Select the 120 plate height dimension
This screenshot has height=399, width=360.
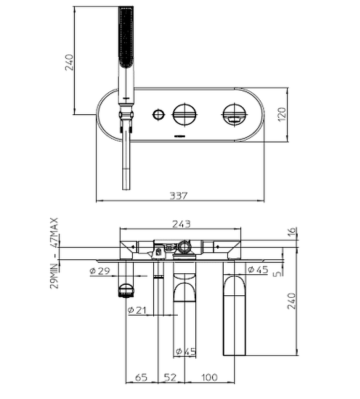point(282,115)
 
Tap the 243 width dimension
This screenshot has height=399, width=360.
point(180,224)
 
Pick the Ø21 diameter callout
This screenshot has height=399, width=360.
point(136,310)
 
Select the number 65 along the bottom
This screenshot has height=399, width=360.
point(141,378)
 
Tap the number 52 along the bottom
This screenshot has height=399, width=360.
point(171,378)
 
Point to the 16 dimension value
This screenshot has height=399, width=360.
point(293,232)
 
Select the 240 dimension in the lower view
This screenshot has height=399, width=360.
point(293,301)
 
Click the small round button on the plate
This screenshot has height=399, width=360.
point(158,115)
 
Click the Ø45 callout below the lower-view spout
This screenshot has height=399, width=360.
point(185,353)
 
